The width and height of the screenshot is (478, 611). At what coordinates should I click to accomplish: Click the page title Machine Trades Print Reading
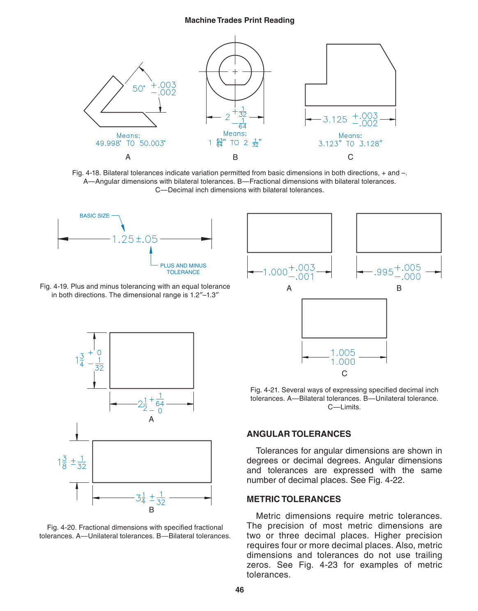coord(239,21)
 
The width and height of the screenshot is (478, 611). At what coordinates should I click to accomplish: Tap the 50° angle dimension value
coord(139,89)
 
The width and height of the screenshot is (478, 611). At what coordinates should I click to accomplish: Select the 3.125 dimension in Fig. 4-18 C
coord(335,120)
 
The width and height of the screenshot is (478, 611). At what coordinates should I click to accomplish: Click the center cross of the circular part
coord(235,71)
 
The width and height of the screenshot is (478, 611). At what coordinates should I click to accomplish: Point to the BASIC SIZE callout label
coord(94,216)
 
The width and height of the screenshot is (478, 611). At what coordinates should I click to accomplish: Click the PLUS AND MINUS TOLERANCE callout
coord(183,269)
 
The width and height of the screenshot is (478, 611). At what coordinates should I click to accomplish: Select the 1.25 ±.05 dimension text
coord(135,239)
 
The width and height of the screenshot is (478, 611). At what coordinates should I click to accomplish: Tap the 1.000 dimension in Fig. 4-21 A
coord(275,272)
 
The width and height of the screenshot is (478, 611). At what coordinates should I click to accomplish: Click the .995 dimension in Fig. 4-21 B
coord(384,272)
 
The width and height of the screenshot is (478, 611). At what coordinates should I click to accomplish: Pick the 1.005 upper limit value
coord(343,353)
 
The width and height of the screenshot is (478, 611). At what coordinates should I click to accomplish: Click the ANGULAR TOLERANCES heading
coord(299,434)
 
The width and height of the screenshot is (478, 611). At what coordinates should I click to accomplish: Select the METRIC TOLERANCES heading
coord(294,499)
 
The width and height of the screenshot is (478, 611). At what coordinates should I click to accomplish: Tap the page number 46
coord(239,590)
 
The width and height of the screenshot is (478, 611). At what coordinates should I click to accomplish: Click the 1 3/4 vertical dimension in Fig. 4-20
coord(80,360)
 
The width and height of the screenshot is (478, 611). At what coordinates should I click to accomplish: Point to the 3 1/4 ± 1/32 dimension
coord(150,498)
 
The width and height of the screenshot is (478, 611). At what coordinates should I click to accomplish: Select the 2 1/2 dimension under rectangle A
coord(142,404)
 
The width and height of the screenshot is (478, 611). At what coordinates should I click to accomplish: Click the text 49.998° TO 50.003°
coord(131,143)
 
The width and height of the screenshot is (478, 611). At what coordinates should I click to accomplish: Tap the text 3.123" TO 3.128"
coord(350,143)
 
